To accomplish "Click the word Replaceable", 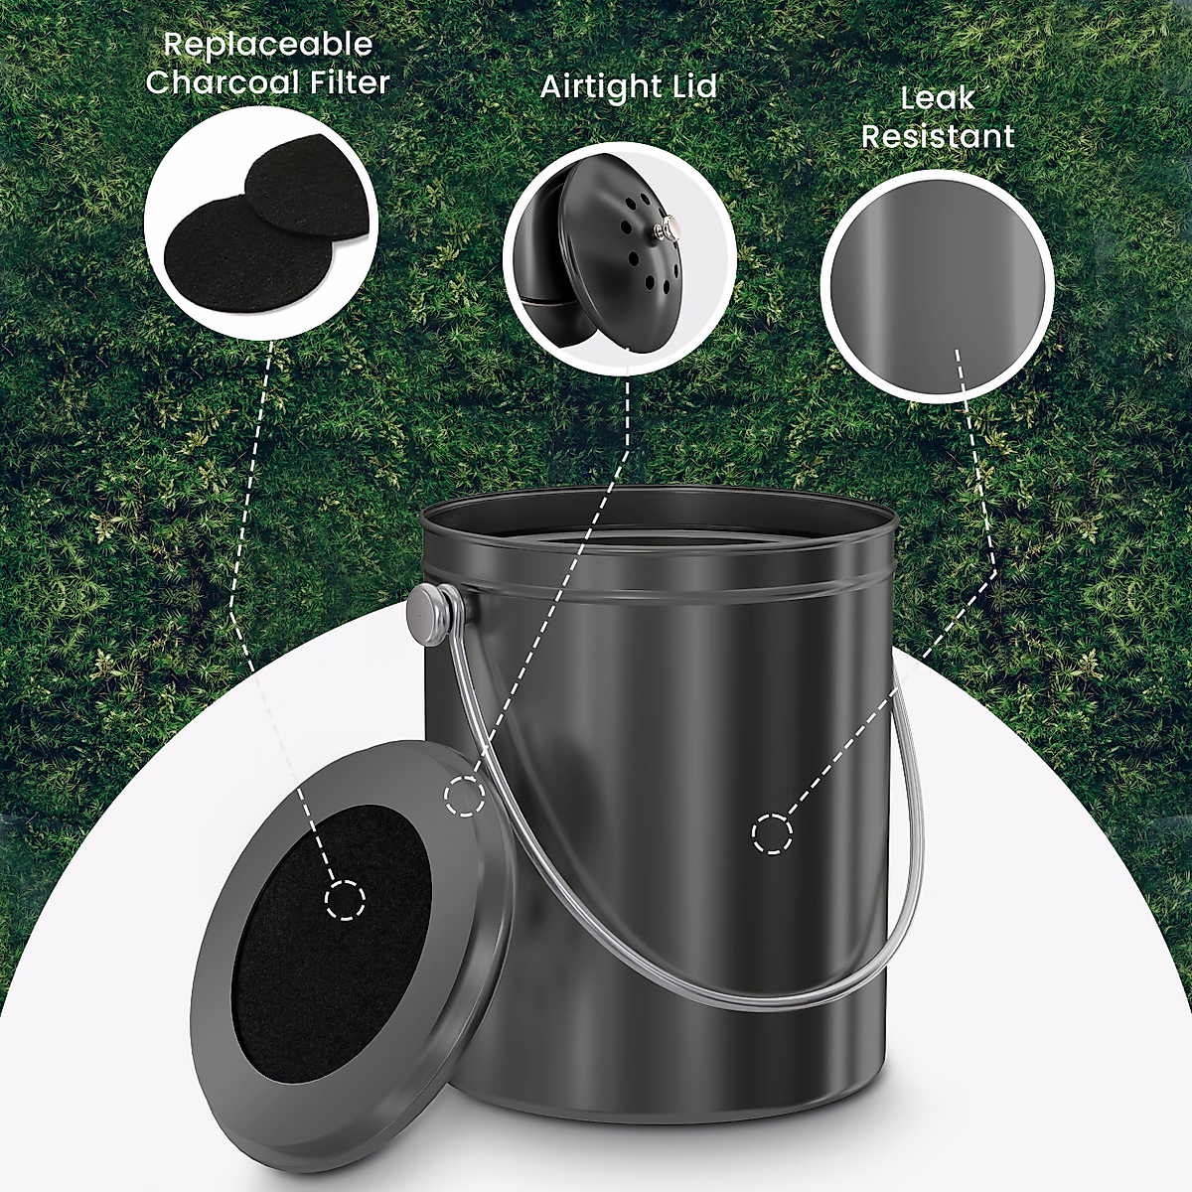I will (x=267, y=45).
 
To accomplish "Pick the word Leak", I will (x=938, y=98).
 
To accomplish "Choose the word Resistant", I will (x=938, y=136).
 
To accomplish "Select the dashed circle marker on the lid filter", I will (x=345, y=900).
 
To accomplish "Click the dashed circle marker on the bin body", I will (x=772, y=832).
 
